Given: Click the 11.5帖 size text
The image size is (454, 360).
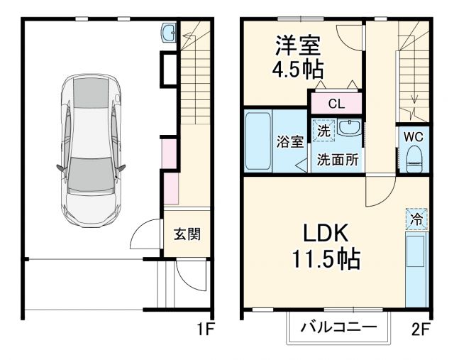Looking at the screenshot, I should click(x=324, y=259).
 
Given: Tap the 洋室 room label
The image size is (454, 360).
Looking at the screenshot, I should click(x=298, y=45).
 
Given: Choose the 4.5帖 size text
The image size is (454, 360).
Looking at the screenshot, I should click(x=298, y=70).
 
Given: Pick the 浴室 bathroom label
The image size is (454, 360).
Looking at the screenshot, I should click(x=289, y=141).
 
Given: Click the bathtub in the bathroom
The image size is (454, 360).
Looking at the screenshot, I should click(x=258, y=140).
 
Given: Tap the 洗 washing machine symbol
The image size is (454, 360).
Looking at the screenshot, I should click(x=323, y=130).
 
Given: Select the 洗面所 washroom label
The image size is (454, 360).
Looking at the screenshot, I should click(x=338, y=159).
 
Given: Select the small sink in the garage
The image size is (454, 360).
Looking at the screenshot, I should click(x=169, y=33).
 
